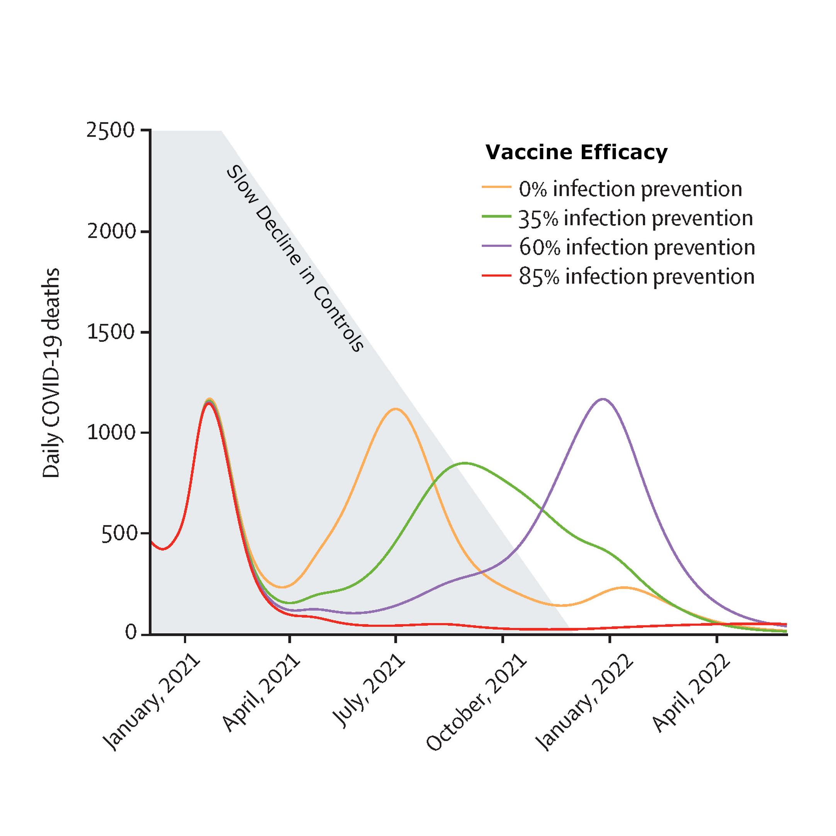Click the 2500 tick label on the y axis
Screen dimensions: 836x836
pos(111,130)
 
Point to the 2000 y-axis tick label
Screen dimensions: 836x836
pos(112,231)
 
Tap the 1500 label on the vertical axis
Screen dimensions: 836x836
pos(112,332)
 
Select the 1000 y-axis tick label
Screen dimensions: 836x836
pos(112,432)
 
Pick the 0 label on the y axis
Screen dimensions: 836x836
pos(131,633)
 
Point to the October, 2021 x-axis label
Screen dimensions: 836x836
pos(476,702)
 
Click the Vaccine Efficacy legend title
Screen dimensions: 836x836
pos(576,152)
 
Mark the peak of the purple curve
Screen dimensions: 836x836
pos(603,399)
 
